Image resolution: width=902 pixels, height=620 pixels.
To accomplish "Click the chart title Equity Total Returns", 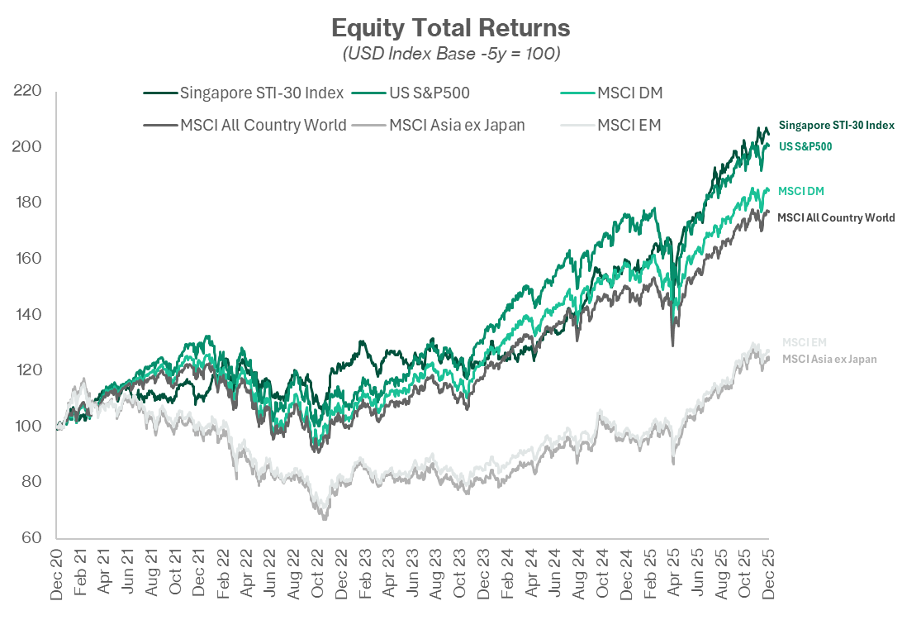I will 450,28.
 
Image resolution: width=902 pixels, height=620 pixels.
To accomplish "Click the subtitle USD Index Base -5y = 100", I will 450,54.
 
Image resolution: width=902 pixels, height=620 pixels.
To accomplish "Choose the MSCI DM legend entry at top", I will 629,93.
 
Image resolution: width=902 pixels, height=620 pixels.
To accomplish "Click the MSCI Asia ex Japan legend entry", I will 457,126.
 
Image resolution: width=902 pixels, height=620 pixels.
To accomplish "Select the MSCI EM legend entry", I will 629,126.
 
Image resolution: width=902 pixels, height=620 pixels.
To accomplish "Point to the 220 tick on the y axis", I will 28,91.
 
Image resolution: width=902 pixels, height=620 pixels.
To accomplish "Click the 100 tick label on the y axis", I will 28,426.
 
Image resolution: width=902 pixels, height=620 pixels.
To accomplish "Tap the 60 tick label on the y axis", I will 31,537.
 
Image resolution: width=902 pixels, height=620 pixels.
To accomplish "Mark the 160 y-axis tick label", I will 28,259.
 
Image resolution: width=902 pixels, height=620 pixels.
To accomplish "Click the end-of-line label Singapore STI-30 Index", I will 836,125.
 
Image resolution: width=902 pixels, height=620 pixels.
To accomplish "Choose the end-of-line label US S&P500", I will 805,146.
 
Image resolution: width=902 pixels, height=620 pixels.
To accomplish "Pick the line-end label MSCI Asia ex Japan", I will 829,359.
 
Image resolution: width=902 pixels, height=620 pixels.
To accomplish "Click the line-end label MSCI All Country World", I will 836,218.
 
